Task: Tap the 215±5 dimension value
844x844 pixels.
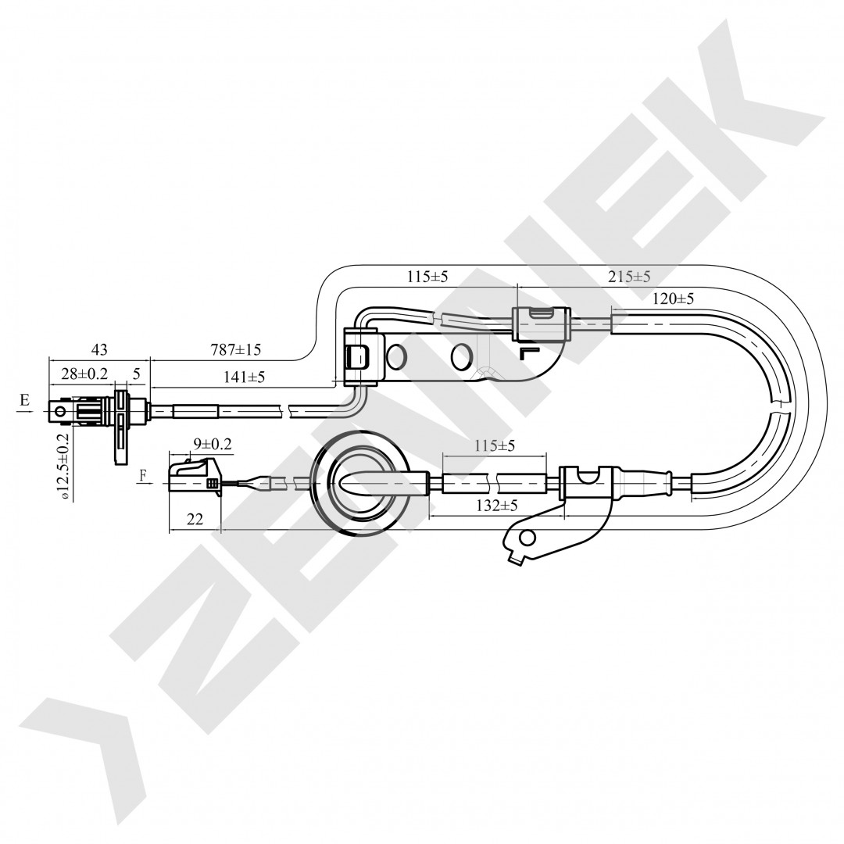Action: [x=628, y=277]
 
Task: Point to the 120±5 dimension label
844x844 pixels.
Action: [x=672, y=299]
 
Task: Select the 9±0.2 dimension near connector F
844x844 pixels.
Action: [x=213, y=444]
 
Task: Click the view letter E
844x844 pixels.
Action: [x=25, y=400]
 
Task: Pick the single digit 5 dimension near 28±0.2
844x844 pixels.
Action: [x=136, y=374]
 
